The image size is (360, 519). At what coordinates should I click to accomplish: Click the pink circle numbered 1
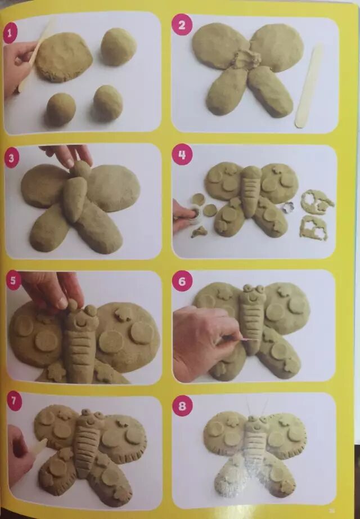tap(10, 33)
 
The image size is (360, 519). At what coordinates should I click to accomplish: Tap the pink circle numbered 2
tap(182, 25)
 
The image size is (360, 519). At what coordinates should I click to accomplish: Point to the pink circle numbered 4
tap(182, 154)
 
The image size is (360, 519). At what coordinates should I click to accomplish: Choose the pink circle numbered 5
tap(13, 281)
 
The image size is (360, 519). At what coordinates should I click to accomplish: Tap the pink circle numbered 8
tap(182, 406)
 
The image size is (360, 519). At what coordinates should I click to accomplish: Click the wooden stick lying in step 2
tap(308, 86)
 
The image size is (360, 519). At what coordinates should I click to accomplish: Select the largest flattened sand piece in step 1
tap(64, 57)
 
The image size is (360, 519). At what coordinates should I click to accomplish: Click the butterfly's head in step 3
tap(80, 169)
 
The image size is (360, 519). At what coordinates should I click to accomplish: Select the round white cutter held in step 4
tap(195, 216)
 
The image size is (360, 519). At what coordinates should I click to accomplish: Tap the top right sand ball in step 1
tap(119, 47)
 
